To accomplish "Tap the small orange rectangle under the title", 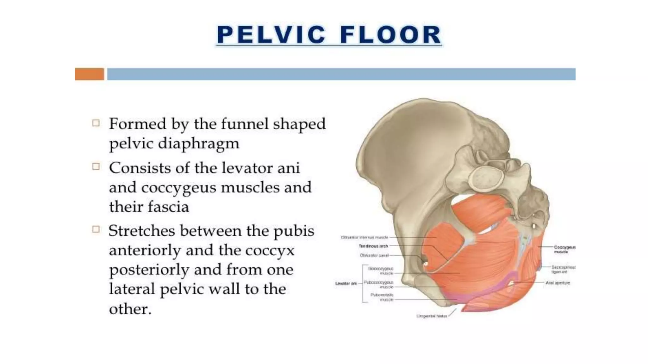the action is [89, 74].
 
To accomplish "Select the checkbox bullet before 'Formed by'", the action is [96, 123].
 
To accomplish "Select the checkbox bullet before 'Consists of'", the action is [96, 167].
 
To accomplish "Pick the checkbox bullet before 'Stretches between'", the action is [96, 229].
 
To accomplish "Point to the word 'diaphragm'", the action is [198, 144].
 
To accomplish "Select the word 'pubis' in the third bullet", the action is [294, 231].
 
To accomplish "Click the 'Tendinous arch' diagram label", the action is [373, 246].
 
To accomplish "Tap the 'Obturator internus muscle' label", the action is [364, 237].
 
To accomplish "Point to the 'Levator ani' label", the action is [346, 283].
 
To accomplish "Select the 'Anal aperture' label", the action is [558, 283].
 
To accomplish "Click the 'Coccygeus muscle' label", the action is [564, 249].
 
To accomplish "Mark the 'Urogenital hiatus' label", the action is [432, 316].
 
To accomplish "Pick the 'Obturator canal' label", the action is [374, 255].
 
